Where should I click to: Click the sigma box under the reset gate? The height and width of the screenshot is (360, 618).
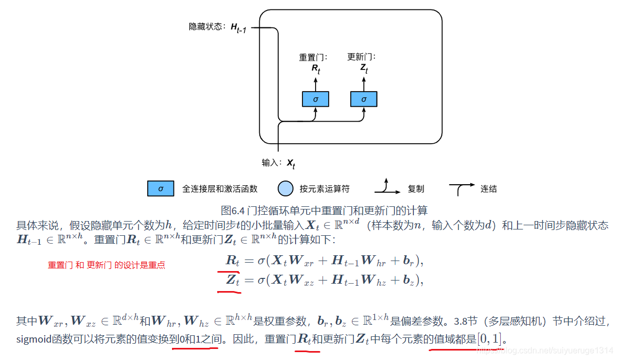point(316,99)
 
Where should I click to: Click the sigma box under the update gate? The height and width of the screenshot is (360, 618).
point(364,99)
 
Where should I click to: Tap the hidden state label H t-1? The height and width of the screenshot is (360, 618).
point(238,27)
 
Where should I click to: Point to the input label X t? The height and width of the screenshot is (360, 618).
point(290,164)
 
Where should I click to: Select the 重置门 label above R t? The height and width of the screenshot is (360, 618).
point(313,57)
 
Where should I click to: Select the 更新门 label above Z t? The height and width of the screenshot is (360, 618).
point(362,57)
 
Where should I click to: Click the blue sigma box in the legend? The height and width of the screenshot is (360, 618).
point(161,188)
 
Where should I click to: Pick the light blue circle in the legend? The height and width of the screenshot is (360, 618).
point(285,188)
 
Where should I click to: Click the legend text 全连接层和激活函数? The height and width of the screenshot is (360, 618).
point(219,188)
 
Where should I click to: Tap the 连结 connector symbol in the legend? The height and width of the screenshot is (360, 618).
point(461,188)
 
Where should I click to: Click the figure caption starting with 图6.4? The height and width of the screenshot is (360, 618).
point(325,211)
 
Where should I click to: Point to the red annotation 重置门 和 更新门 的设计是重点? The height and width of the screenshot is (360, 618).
point(107,265)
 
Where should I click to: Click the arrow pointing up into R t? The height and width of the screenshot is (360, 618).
point(316,83)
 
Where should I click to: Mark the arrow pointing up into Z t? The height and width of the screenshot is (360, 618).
point(364,83)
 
